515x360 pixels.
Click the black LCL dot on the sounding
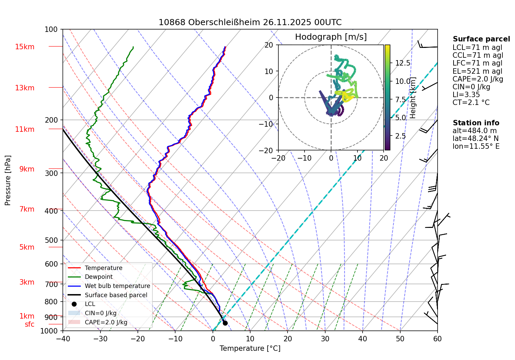[x=225, y=323]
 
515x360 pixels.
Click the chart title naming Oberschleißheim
[x=250, y=22]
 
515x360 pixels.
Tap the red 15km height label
[x=24, y=47]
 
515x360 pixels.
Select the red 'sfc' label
[x=30, y=324]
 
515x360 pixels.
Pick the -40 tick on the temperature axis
[x=63, y=339]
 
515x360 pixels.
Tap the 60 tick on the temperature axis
[x=437, y=339]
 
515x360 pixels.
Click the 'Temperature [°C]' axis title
[x=250, y=348]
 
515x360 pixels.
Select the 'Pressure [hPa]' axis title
[x=8, y=180]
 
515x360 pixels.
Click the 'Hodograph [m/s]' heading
[x=331, y=37]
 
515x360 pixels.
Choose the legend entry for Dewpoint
[x=99, y=277]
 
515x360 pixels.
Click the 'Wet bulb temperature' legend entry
[x=117, y=286]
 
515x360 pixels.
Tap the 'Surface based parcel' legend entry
[x=116, y=295]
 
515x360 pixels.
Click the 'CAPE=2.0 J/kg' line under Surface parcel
[x=478, y=79]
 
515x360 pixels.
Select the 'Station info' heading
[x=476, y=123]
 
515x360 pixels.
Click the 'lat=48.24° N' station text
[x=476, y=139]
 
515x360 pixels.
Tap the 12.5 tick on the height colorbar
[x=403, y=63]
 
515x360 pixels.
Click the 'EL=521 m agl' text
[x=477, y=71]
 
